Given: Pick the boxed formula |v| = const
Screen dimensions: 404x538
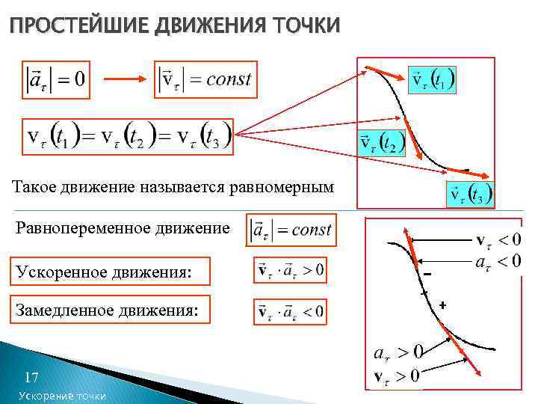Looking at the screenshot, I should coord(206,79).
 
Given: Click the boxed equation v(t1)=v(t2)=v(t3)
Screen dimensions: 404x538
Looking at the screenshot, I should coord(128,136).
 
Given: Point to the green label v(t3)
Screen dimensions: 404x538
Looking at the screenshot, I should coord(469,195).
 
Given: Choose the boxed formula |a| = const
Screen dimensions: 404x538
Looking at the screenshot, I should coord(292,229).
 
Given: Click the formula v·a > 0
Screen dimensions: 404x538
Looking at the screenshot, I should coord(290,271).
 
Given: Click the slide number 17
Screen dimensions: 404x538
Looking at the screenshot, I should coord(31,376).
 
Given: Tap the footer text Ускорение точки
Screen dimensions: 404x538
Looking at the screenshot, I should coord(62,396).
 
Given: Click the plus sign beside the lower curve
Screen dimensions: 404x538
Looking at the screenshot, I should coord(442,305).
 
